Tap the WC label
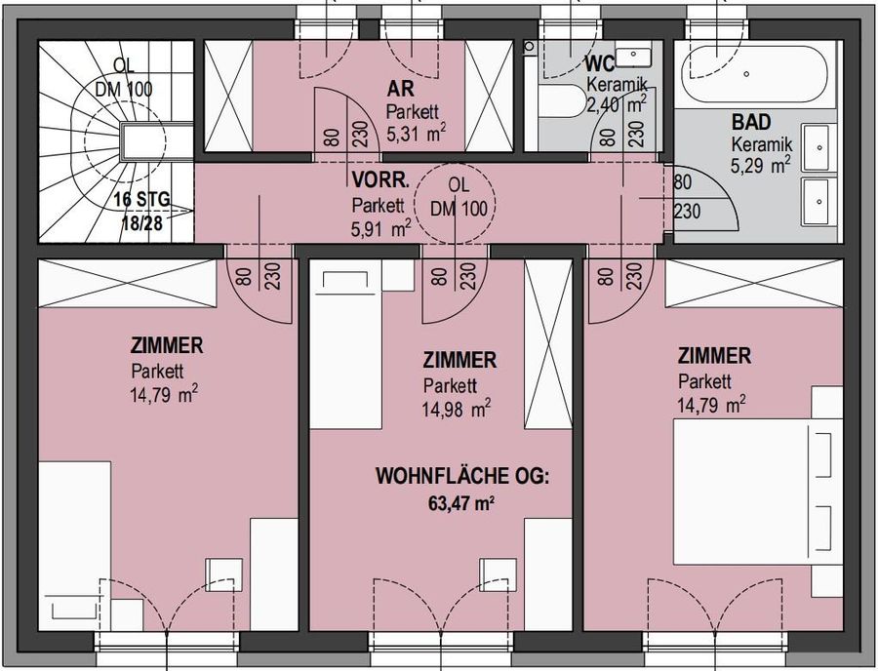[x=599, y=64]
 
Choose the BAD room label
[x=752, y=124]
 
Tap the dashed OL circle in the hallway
[x=456, y=203]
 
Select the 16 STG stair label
[x=141, y=200]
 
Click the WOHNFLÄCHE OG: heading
[x=462, y=478]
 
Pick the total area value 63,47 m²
[x=458, y=503]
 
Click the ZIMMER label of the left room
[x=166, y=346]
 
